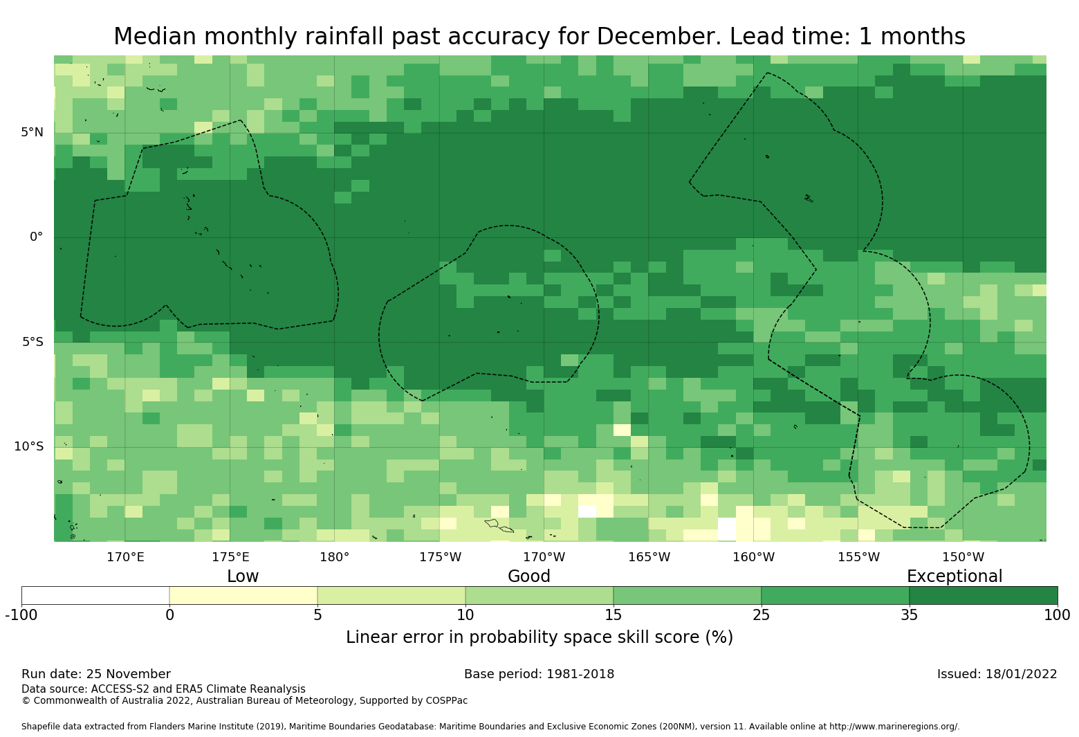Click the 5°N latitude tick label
pos(32,132)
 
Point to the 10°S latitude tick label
pos(28,446)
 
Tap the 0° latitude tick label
pos(36,237)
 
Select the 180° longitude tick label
pos(334,556)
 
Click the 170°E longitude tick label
pos(125,556)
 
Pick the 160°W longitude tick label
pos(753,556)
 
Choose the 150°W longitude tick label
pos(963,556)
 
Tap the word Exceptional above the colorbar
pos(954,576)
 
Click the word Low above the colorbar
pos(243,576)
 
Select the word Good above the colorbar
pos(529,576)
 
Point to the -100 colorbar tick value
pos(21,615)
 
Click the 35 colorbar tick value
pos(909,615)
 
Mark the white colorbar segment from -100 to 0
pos(95,595)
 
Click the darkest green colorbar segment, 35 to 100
pos(983,595)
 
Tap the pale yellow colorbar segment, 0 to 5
pos(243,595)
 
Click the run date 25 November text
pos(96,674)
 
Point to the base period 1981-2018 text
pos(539,674)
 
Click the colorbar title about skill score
pos(539,637)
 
